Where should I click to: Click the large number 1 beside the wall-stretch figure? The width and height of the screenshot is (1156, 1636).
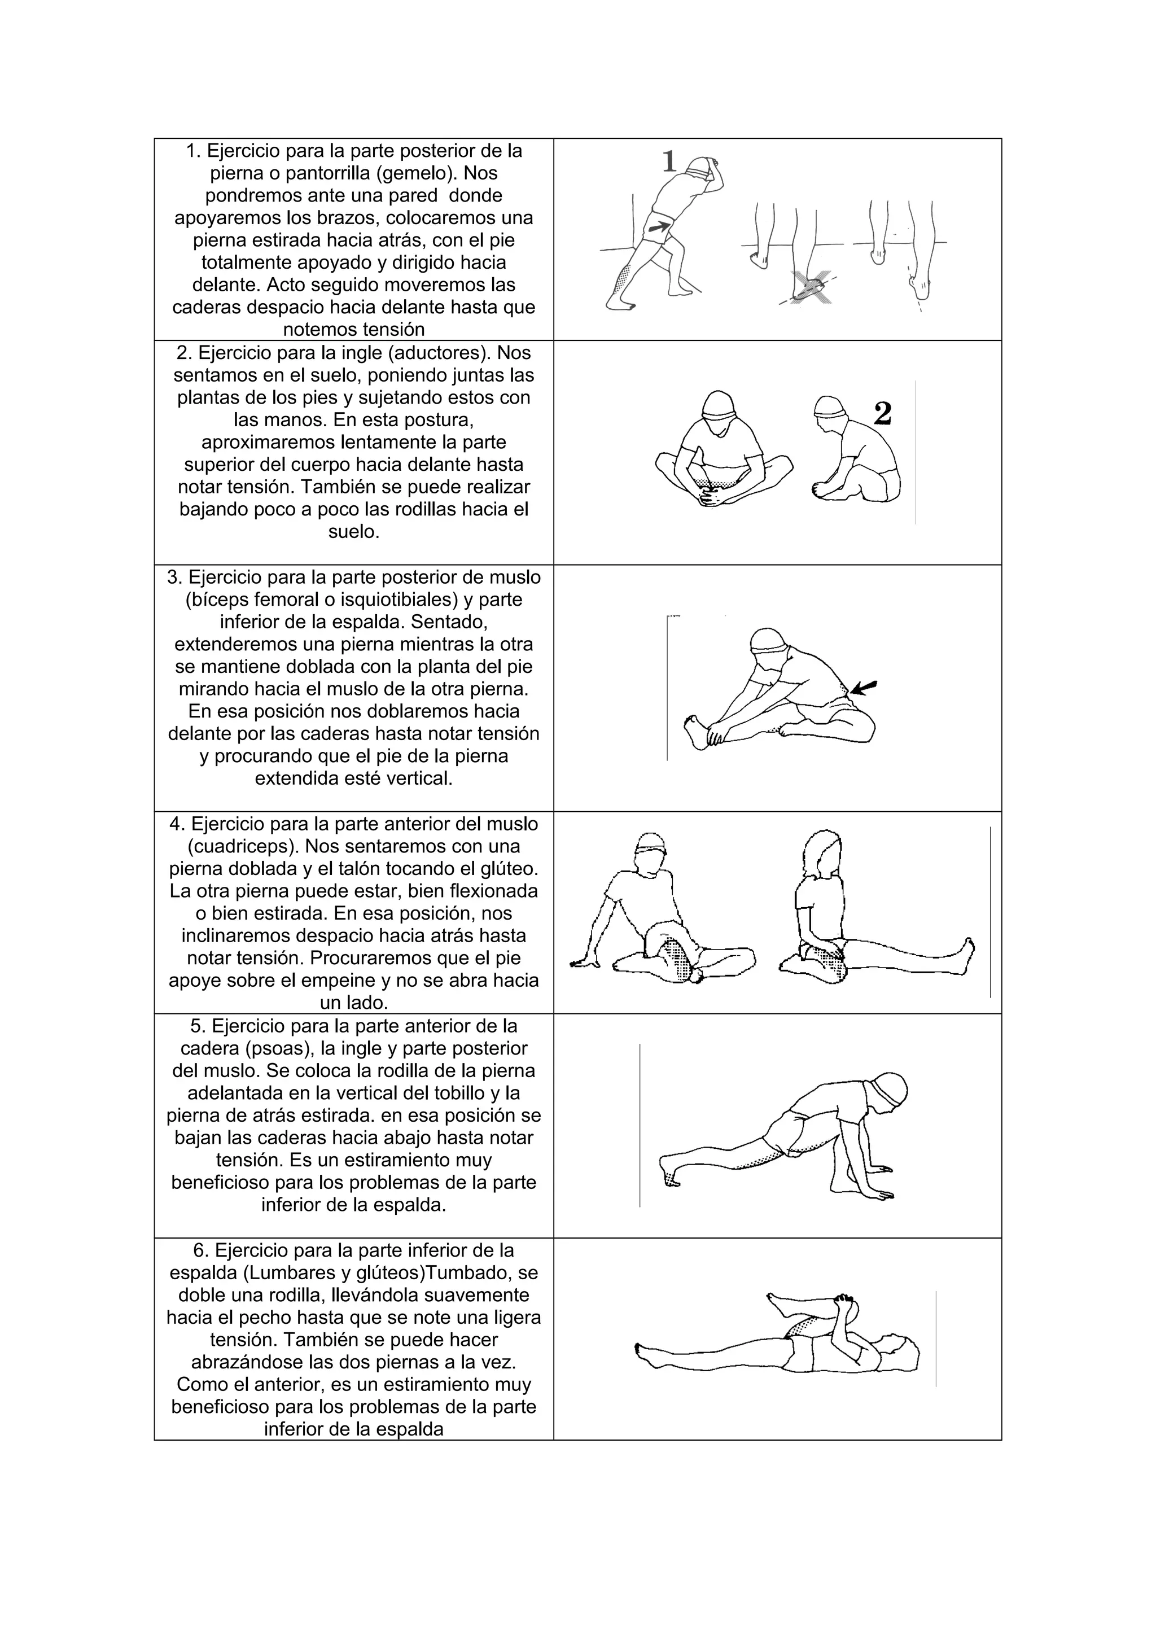(669, 162)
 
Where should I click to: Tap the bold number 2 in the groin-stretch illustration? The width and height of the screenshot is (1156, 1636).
(882, 413)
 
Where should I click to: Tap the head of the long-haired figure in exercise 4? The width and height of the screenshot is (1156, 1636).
(822, 854)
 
